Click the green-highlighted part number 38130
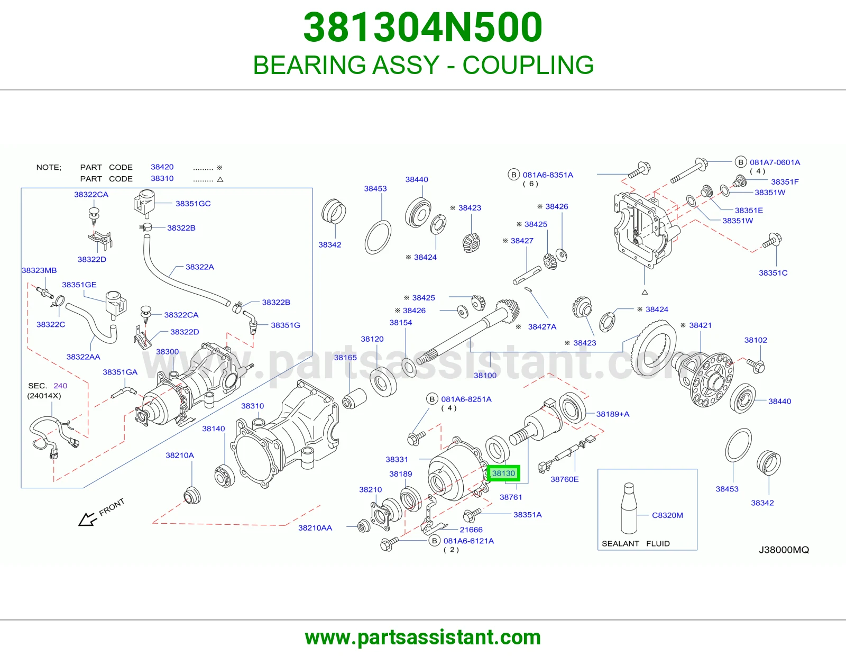pyautogui.click(x=503, y=473)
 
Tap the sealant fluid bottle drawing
pyautogui.click(x=628, y=508)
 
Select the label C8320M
pyautogui.click(x=667, y=515)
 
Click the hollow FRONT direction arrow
pyautogui.click(x=88, y=519)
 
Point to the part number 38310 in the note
pyautogui.click(x=162, y=178)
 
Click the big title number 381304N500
pyautogui.click(x=423, y=28)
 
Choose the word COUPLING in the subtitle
pyautogui.click(x=528, y=65)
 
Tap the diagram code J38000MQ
pyautogui.click(x=784, y=550)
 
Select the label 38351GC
pyautogui.click(x=193, y=203)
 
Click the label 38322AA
pyautogui.click(x=84, y=357)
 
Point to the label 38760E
pyautogui.click(x=565, y=479)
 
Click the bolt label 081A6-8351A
pyautogui.click(x=548, y=175)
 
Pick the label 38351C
pyautogui.click(x=773, y=272)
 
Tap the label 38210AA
pyautogui.click(x=315, y=528)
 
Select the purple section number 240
pyautogui.click(x=60, y=386)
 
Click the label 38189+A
pyautogui.click(x=613, y=414)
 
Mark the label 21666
pyautogui.click(x=471, y=530)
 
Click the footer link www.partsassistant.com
pyautogui.click(x=423, y=637)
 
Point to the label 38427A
pyautogui.click(x=542, y=327)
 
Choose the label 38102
pyautogui.click(x=756, y=340)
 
